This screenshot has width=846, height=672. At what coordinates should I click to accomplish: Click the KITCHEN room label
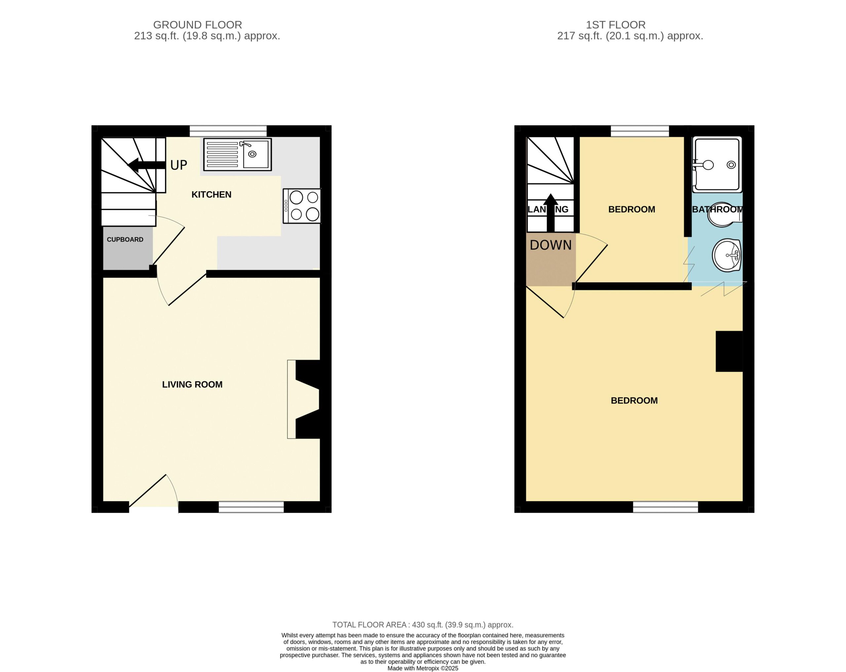tap(211, 195)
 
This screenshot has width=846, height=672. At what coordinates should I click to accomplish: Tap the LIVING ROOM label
tap(192, 385)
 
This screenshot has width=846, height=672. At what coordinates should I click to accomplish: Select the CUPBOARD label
tap(125, 239)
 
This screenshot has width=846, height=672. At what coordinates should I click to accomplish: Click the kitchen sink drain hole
tap(252, 154)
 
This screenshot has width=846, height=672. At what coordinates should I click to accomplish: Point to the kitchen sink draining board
tap(222, 154)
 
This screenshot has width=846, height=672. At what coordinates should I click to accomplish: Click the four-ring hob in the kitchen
tap(302, 206)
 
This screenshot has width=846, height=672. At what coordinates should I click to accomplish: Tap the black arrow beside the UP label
tap(146, 165)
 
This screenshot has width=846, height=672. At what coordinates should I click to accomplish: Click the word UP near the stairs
tap(178, 165)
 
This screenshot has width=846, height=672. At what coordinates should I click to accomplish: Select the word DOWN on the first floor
tap(551, 245)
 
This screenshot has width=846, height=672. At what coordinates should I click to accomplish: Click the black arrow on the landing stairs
tap(551, 213)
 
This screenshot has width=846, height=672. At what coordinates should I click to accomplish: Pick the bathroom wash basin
tap(726, 255)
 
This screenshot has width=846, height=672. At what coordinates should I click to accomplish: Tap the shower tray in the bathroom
tap(717, 165)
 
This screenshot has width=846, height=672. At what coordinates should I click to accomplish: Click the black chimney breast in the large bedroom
tap(729, 351)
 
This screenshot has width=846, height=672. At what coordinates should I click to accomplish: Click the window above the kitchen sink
tap(228, 131)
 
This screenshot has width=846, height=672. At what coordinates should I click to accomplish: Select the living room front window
tap(251, 507)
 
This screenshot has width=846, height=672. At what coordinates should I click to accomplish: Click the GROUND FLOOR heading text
tap(197, 25)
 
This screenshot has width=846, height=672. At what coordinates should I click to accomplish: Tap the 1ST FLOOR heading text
tap(616, 25)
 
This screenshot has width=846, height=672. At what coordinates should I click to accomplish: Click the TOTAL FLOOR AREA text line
tap(423, 624)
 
